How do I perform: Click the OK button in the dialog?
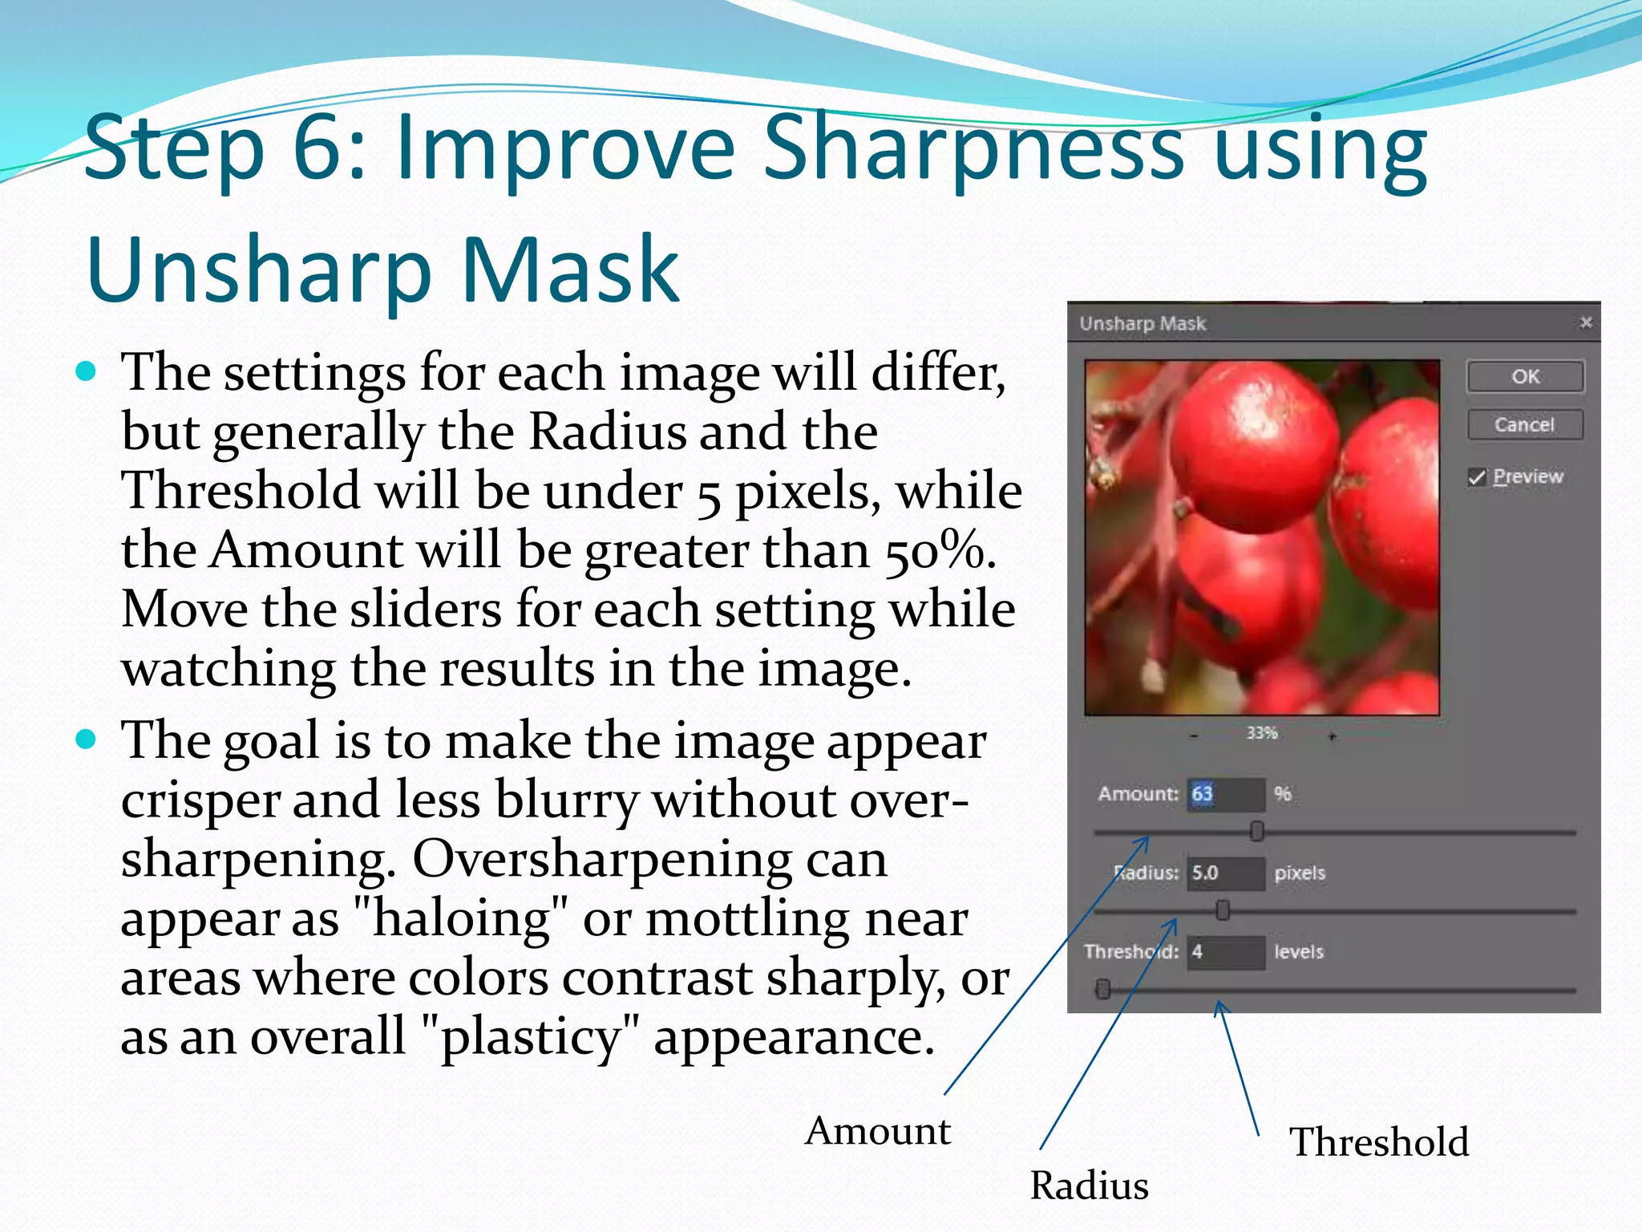click(1525, 376)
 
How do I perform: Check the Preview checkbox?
click(1477, 477)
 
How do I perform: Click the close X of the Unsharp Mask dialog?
click(1585, 322)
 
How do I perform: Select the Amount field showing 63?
click(1225, 794)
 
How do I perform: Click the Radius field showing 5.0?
click(1225, 873)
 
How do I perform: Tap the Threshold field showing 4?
click(1225, 952)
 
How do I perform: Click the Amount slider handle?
click(1256, 832)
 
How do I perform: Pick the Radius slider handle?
click(1223, 910)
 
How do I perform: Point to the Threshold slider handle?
click(1103, 990)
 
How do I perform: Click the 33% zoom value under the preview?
click(1262, 733)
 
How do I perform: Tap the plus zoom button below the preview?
click(1332, 736)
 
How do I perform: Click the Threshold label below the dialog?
click(1379, 1141)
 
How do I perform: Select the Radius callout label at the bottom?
click(1089, 1185)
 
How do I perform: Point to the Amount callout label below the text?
click(878, 1131)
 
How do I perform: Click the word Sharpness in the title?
click(973, 148)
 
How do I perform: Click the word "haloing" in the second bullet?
click(460, 918)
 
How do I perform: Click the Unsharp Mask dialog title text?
click(1143, 323)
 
